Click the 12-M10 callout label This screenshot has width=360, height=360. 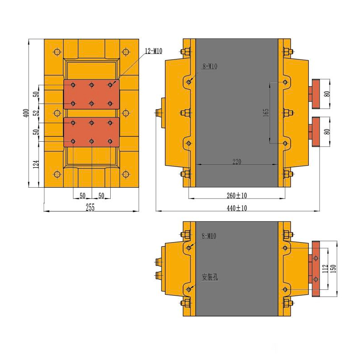point(153,51)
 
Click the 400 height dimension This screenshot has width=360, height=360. point(26,113)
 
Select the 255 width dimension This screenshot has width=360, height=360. point(90,207)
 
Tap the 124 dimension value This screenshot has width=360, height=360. point(36,164)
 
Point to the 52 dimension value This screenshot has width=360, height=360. point(36,113)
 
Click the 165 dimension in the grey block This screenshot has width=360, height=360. point(266,112)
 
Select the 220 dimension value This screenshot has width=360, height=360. point(237,162)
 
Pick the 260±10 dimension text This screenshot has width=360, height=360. point(237,195)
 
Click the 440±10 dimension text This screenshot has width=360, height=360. point(237,208)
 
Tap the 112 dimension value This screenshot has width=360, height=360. point(325,269)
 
